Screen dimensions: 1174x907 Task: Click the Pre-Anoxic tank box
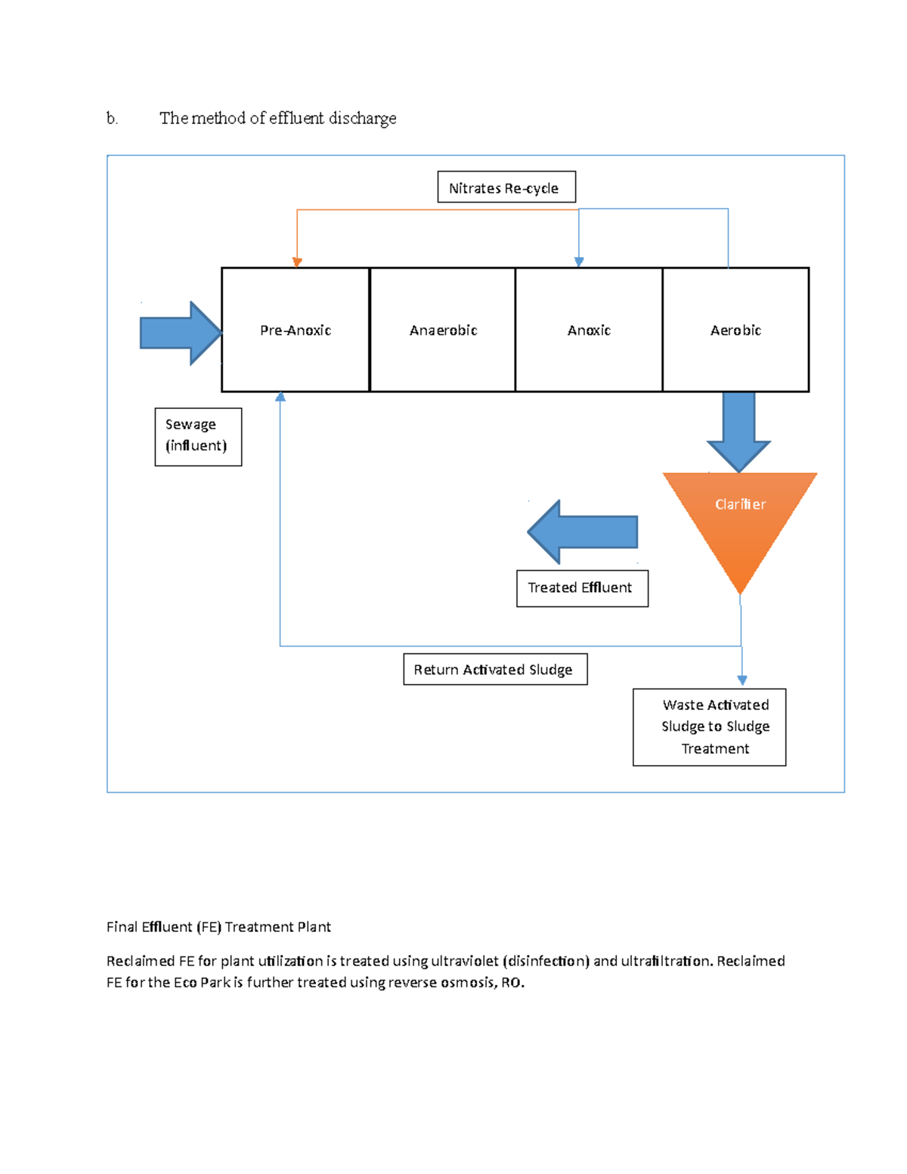pos(296,330)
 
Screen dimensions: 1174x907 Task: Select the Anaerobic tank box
pos(443,330)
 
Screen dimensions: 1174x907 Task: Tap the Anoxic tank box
pos(589,330)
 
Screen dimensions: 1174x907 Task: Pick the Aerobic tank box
pos(735,330)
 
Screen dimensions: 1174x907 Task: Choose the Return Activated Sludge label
pos(495,669)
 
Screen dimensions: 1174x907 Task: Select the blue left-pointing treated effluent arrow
pos(582,532)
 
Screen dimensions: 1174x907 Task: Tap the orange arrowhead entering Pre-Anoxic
pos(297,262)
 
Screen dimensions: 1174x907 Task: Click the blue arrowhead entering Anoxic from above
pos(579,262)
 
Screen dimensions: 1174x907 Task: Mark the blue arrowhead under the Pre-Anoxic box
pos(280,397)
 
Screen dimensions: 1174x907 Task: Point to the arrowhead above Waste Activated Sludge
pos(742,680)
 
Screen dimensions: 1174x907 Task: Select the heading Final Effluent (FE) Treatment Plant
pos(218,927)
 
